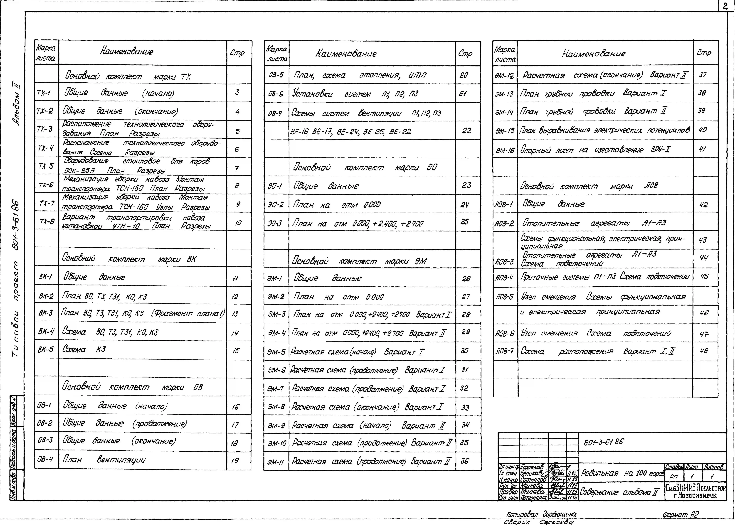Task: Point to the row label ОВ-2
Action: tap(45, 423)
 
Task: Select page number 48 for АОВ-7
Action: tap(704, 351)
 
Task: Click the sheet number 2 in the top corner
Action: tap(725, 6)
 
